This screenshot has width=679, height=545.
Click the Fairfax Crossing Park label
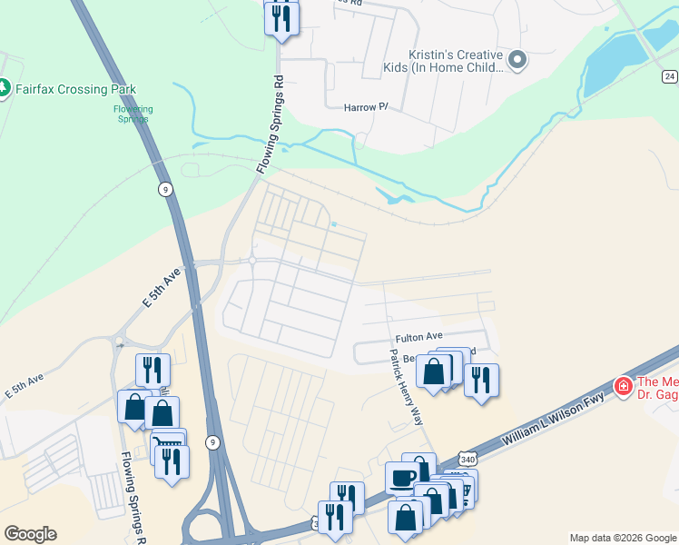[x=75, y=89]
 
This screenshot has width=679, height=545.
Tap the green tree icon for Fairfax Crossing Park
[x=4, y=88]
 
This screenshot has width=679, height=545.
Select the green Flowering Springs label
[x=133, y=114]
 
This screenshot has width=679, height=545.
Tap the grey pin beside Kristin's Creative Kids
[x=518, y=61]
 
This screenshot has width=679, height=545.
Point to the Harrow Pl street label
[x=366, y=107]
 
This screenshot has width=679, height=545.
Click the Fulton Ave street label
[x=417, y=336]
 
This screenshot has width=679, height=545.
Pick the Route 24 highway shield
[x=670, y=77]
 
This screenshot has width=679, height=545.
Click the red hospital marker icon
[x=624, y=387]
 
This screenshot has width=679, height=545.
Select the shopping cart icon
[x=169, y=444]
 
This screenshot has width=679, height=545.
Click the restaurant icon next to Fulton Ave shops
[x=481, y=381]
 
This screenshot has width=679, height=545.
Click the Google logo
[x=30, y=534]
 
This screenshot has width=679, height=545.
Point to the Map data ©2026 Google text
[x=622, y=538]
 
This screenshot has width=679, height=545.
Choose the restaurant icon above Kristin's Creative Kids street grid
[x=281, y=18]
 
